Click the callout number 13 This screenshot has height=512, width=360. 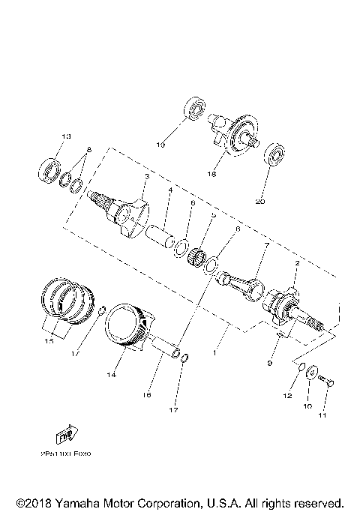[65, 136]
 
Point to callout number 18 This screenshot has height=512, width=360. [212, 174]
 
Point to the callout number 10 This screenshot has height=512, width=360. [307, 406]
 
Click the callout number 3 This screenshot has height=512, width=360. [147, 176]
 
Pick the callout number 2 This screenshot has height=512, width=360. [297, 264]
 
